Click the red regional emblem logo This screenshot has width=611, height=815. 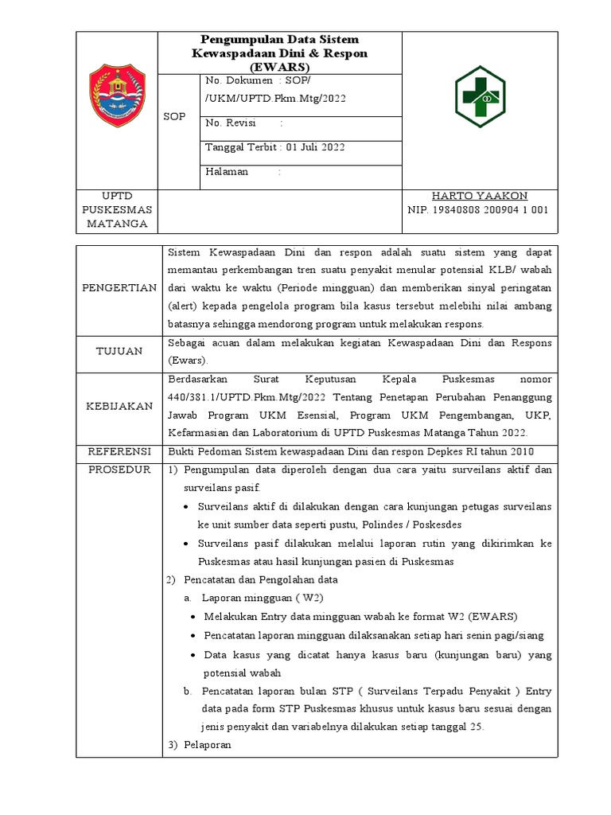tap(117, 92)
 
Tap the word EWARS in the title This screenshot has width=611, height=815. tap(282, 66)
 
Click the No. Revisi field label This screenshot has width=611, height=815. tap(228, 123)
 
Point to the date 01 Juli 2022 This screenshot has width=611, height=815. tap(315, 147)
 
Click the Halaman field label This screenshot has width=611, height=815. tap(227, 171)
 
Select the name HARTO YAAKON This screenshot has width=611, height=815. tap(479, 196)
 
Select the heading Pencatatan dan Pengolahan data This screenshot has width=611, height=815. tap(261, 579)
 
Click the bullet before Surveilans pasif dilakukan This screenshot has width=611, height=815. tap(186, 544)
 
